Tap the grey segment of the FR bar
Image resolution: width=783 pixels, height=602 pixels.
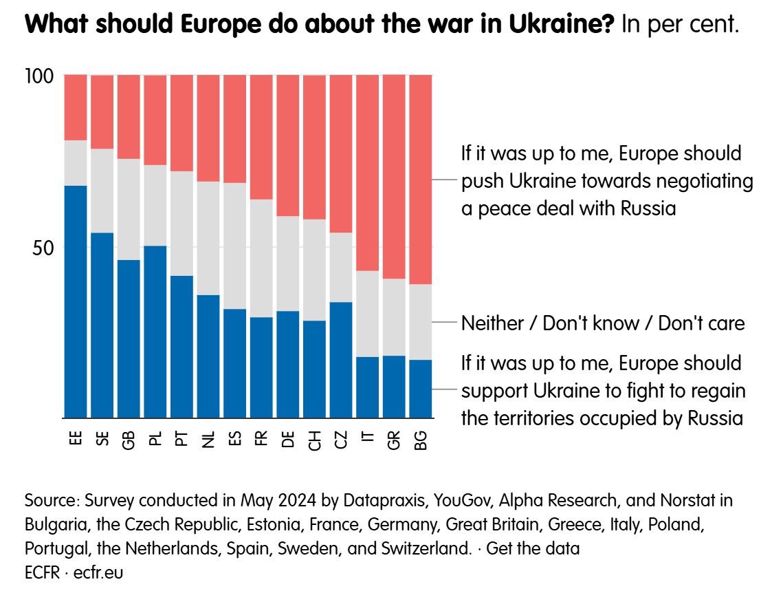coord(261,258)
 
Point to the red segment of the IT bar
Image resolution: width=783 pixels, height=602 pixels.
coord(368,172)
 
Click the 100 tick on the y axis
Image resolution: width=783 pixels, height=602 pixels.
coord(40,76)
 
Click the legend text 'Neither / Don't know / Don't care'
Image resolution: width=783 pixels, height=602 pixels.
coord(603,323)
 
